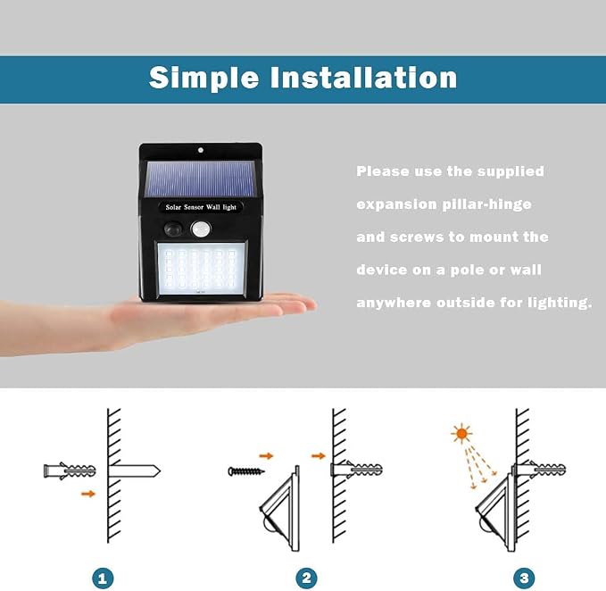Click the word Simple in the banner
[203, 79]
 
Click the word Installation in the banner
[363, 78]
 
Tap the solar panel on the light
[200, 179]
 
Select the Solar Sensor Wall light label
[201, 207]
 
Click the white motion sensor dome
[201, 229]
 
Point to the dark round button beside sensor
[173, 229]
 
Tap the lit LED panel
[201, 269]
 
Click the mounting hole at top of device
[201, 150]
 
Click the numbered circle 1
[103, 579]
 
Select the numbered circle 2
[306, 579]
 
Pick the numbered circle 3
[524, 579]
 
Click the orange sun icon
[461, 434]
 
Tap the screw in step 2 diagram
[246, 471]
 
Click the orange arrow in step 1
[88, 494]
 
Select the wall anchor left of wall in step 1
[70, 470]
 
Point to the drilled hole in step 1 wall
[134, 470]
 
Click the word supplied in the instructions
[511, 171]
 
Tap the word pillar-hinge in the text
[487, 204]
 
